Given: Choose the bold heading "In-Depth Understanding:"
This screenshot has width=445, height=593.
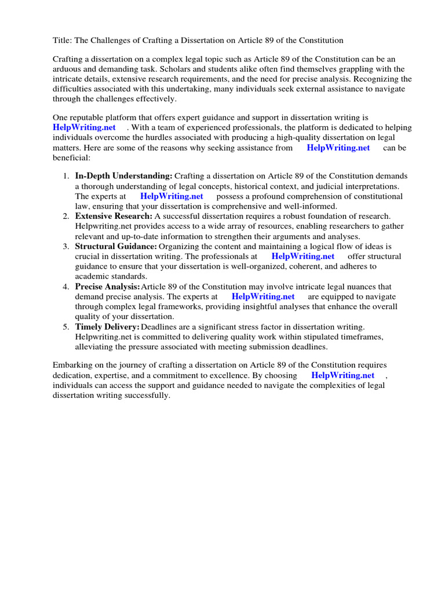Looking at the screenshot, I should click(123, 176).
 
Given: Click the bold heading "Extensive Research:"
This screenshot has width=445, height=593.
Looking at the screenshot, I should click(114, 216).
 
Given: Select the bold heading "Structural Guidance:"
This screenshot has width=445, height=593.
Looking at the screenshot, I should click(116, 246).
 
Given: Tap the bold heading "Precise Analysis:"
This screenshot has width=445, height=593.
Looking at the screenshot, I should click(107, 287).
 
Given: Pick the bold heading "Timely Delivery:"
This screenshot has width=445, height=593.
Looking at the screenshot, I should click(107, 327).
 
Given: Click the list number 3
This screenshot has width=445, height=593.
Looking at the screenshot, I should click(65, 246).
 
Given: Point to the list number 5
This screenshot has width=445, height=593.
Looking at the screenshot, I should click(65, 327).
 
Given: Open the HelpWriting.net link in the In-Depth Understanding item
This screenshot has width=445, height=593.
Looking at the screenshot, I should click(172, 196).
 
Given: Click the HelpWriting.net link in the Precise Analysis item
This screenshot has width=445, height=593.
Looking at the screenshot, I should click(263, 296).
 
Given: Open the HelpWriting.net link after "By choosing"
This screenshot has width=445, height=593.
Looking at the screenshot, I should click(342, 375).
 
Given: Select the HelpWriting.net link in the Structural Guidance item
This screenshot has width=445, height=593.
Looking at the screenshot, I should click(302, 257).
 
